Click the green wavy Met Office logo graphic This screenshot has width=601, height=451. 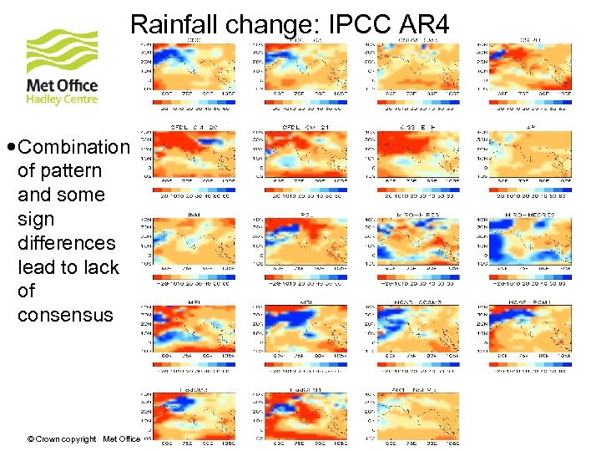[x=62, y=52]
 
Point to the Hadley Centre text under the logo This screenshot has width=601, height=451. [x=62, y=99]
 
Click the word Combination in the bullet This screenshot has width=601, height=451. [x=73, y=147]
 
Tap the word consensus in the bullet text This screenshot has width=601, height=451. [x=65, y=315]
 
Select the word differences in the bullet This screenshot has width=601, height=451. [x=66, y=243]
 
